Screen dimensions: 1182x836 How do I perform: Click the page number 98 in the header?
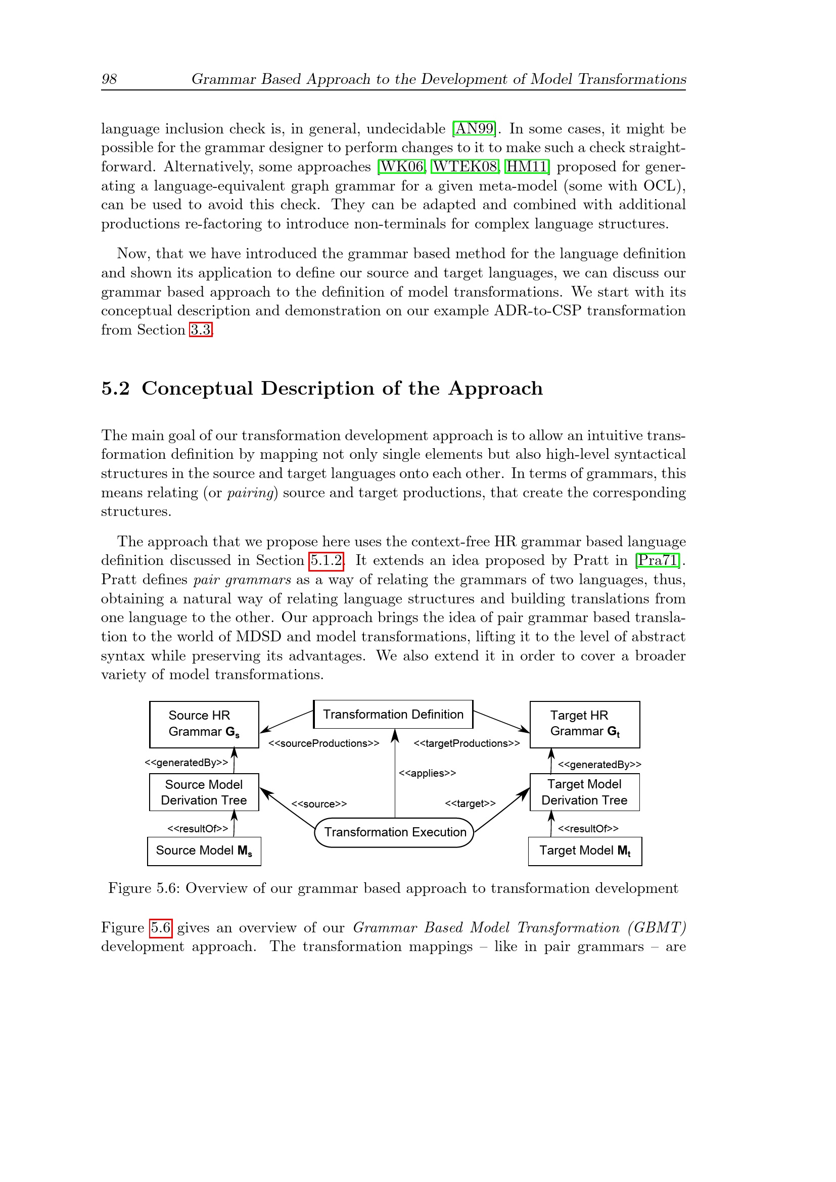point(109,79)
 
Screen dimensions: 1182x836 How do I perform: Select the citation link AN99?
point(474,128)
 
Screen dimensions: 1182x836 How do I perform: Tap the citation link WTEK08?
point(465,166)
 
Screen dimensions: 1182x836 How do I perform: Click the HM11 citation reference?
point(527,166)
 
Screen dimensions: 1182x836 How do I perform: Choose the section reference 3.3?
point(201,329)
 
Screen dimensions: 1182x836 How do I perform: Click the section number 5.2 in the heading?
point(115,388)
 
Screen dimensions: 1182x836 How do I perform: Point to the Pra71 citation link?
point(658,560)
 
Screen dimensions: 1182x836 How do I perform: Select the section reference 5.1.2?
point(327,560)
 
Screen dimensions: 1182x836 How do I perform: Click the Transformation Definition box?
point(393,714)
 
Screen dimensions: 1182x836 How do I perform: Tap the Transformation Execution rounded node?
point(394,832)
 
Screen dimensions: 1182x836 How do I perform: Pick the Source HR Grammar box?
point(204,724)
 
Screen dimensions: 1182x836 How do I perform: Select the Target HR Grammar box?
point(585,724)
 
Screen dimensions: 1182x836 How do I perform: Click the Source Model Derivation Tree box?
point(204,792)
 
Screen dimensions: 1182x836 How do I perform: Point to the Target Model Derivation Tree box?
point(585,792)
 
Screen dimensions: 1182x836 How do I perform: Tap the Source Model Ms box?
point(204,850)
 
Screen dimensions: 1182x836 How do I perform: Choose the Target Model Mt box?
point(585,850)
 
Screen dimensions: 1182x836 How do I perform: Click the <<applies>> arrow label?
point(427,773)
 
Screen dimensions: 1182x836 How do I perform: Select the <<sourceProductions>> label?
point(324,743)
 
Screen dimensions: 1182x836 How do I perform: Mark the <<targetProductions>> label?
point(467,743)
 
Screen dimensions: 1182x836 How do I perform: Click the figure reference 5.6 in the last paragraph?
point(161,927)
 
